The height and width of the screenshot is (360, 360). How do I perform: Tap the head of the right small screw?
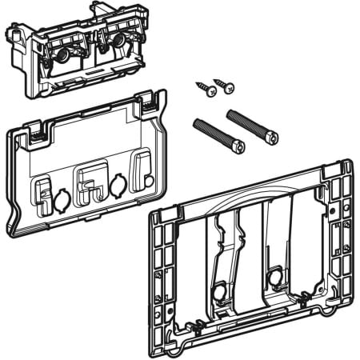[x=229, y=85]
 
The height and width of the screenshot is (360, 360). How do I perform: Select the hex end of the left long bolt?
[x=238, y=146]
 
